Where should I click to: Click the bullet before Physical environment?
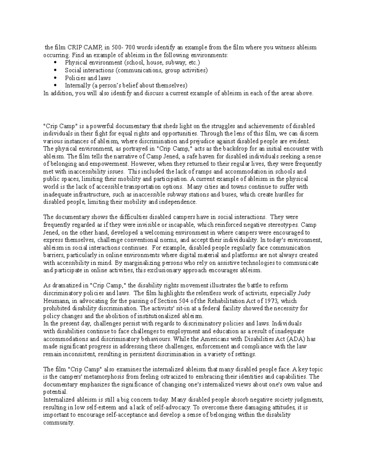tap(55, 63)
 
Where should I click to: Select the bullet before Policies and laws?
tap(55, 78)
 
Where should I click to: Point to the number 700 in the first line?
tap(130, 48)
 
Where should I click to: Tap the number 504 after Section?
tap(178, 301)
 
